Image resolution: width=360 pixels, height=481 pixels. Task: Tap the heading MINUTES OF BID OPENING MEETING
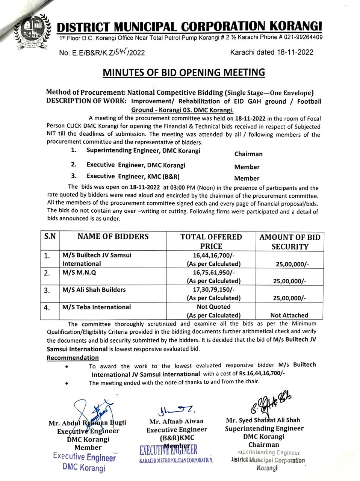coord(184,72)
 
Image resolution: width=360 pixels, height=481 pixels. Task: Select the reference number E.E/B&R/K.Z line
coord(102,53)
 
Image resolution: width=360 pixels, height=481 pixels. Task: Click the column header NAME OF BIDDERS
coord(113,237)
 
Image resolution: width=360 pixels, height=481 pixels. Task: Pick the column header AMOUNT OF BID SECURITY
coord(289,242)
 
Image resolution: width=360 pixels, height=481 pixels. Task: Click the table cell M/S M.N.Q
coord(79,272)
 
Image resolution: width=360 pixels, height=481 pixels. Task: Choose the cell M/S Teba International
coord(97,307)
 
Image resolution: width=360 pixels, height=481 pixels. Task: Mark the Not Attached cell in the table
coord(289,315)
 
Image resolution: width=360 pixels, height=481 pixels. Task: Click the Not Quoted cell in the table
coord(213,307)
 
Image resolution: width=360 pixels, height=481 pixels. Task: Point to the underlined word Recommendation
coord(73,358)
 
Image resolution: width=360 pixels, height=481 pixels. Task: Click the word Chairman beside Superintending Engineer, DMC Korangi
coord(248,154)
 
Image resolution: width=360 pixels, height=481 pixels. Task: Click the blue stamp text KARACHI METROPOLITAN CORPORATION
coord(176,460)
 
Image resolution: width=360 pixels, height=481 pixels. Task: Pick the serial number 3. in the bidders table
coord(47,290)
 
